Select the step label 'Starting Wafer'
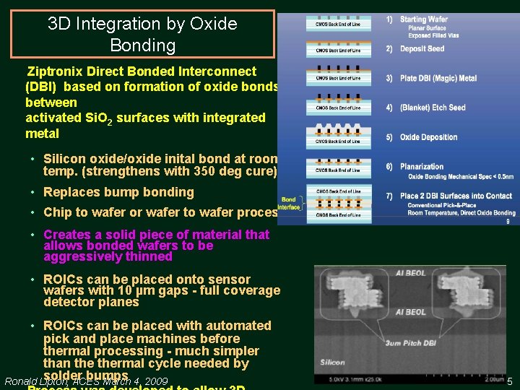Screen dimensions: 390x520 pos(423,19)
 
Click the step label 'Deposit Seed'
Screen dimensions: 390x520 pos(422,49)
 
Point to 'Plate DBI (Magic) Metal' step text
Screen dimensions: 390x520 pos(438,79)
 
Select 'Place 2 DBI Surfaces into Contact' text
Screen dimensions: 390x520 pos(456,196)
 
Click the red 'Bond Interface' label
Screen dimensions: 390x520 pos(289,203)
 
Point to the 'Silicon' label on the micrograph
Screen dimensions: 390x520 pos(333,363)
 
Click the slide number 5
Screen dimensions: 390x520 pos(509,381)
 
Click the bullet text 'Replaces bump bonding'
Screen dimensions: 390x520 pos(118,192)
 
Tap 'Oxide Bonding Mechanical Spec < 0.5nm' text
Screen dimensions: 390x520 pos(460,176)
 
